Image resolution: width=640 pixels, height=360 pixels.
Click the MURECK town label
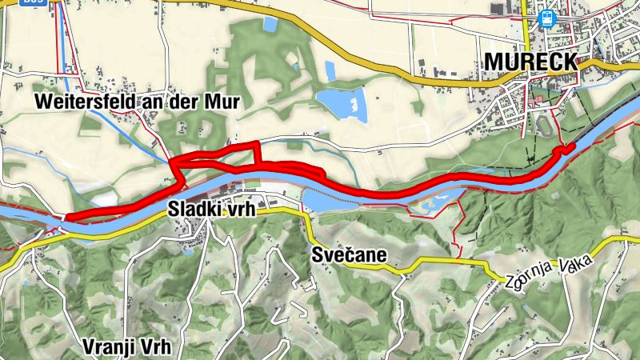[530, 62]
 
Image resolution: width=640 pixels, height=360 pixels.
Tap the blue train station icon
[547, 18]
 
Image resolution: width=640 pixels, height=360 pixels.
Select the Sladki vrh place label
[210, 209]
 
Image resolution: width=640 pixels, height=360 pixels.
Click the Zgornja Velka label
[552, 272]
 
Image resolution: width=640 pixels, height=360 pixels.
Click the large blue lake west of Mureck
[342, 103]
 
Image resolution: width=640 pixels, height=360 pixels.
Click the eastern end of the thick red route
[570, 147]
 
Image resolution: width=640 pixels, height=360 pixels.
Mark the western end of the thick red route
[67, 217]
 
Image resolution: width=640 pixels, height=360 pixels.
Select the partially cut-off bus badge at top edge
[32, 2]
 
